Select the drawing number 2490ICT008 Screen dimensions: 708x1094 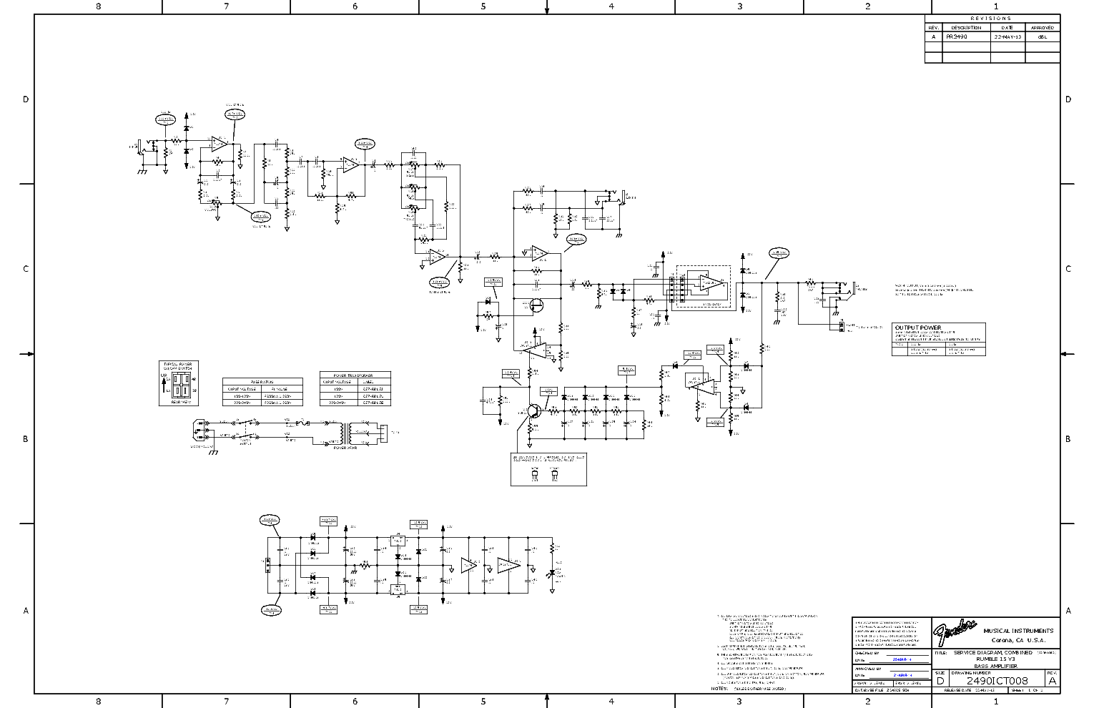[997, 681]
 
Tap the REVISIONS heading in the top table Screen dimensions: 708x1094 [991, 19]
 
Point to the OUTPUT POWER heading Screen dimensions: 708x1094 [918, 328]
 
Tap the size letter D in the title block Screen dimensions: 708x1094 [940, 681]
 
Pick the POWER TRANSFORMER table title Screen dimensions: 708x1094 [355, 375]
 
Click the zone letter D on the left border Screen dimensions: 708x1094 [26, 99]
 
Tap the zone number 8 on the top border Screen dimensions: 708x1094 [98, 6]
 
